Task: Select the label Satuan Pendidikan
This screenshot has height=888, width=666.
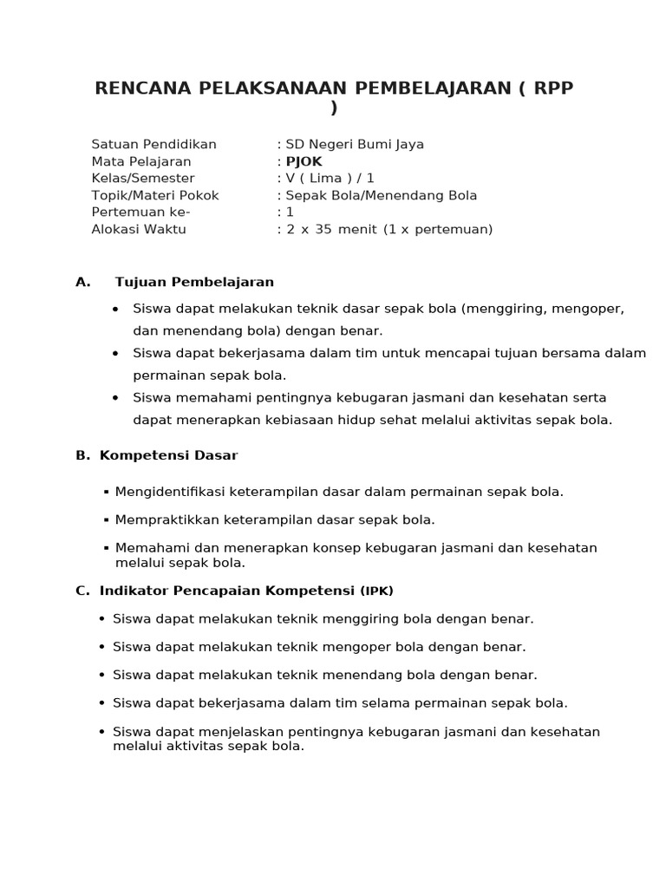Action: (x=153, y=144)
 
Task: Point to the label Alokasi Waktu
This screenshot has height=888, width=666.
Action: (x=139, y=229)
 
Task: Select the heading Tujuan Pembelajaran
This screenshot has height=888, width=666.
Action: (x=194, y=282)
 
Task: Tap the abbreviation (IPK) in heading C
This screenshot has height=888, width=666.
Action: (x=377, y=591)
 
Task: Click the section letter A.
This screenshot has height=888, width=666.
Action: (x=82, y=282)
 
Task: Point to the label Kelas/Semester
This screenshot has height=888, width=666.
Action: (x=143, y=178)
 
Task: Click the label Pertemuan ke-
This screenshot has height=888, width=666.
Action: (x=140, y=212)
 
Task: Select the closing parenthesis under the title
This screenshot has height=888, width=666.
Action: (x=334, y=108)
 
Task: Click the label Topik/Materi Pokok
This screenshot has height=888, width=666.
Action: (x=155, y=195)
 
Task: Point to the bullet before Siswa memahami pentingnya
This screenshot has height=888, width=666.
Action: (x=115, y=397)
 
